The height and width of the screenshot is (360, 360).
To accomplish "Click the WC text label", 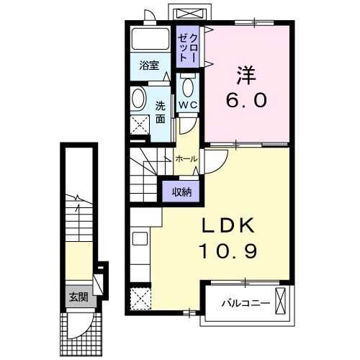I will click(188, 105).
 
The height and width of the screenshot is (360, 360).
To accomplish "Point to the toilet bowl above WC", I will click(188, 87).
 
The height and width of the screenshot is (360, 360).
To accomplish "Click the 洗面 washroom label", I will click(160, 111).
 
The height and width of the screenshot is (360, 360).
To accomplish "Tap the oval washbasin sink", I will click(139, 99).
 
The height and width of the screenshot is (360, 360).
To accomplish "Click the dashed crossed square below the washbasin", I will click(139, 126).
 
